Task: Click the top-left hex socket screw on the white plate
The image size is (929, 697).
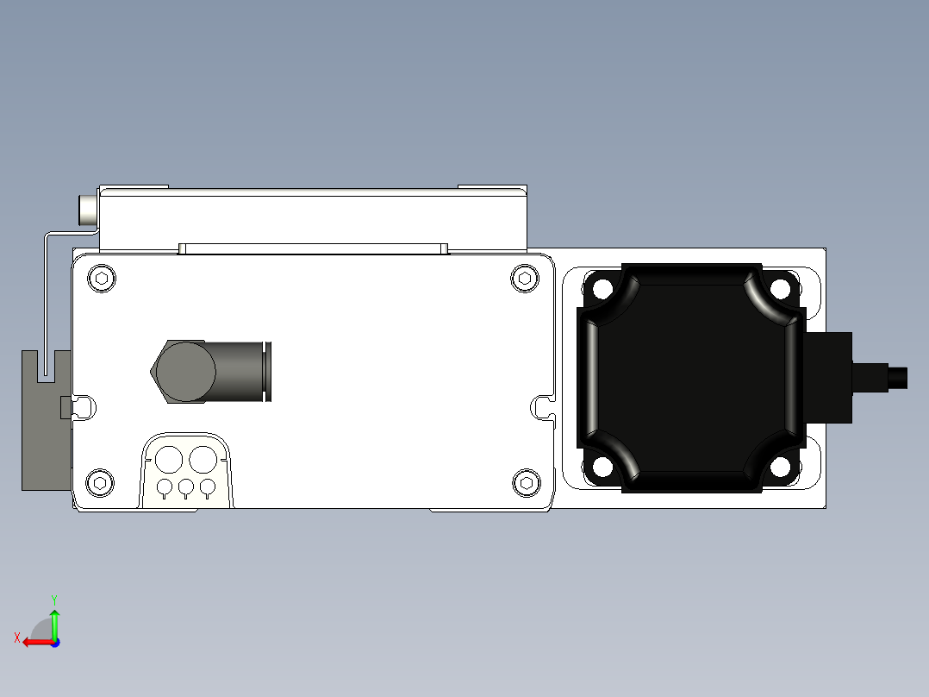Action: pyautogui.click(x=103, y=278)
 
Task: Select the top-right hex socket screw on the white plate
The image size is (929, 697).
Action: pyautogui.click(x=524, y=278)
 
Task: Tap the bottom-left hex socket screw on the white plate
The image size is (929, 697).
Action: pyautogui.click(x=100, y=482)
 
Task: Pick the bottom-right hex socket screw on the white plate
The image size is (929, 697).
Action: pyautogui.click(x=524, y=482)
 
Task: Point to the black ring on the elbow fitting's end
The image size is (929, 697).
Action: pyautogui.click(x=268, y=372)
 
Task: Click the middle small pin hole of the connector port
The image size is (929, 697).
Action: pyautogui.click(x=186, y=488)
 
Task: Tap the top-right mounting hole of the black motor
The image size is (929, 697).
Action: pyautogui.click(x=781, y=286)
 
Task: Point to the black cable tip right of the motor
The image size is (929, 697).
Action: pyautogui.click(x=897, y=377)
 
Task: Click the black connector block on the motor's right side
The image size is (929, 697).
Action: pyautogui.click(x=829, y=377)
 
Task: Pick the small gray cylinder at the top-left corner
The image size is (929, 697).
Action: pyautogui.click(x=89, y=210)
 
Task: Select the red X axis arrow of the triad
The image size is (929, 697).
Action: pyautogui.click(x=34, y=642)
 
